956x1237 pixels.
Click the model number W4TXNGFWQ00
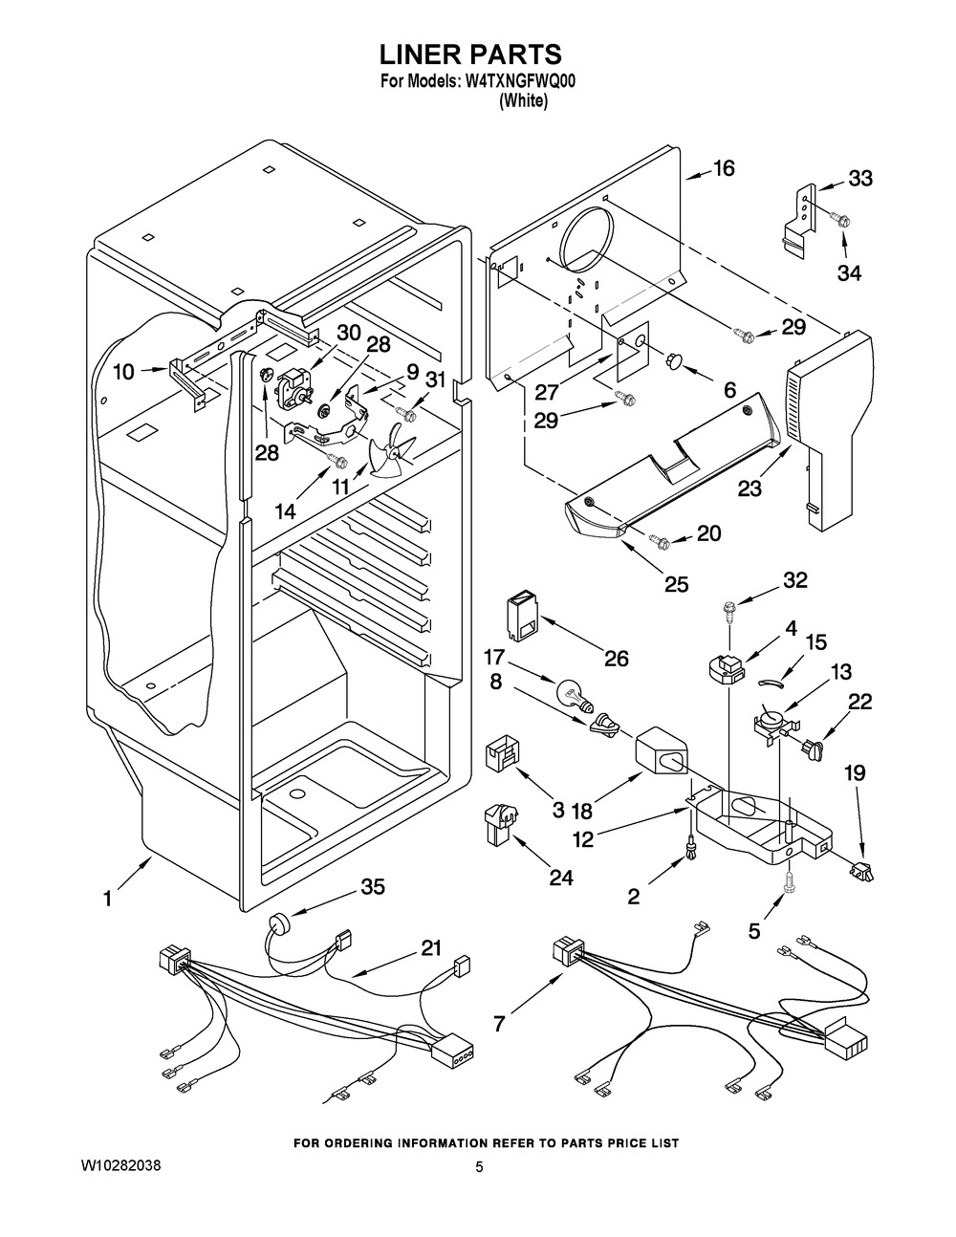520,82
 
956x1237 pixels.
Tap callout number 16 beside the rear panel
724,169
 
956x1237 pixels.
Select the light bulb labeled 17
570,689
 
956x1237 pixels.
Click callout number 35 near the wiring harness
373,888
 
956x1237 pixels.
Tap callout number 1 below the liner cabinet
108,899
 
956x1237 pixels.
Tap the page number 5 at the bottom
479,1167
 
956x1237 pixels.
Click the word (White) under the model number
524,101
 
